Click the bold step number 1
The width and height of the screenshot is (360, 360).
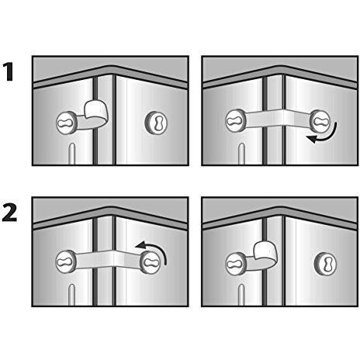coord(10,74)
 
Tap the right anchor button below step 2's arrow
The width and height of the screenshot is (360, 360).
coord(150,261)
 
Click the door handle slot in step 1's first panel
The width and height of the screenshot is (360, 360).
coord(71,154)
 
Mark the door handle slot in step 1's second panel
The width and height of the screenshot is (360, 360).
coord(240,154)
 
